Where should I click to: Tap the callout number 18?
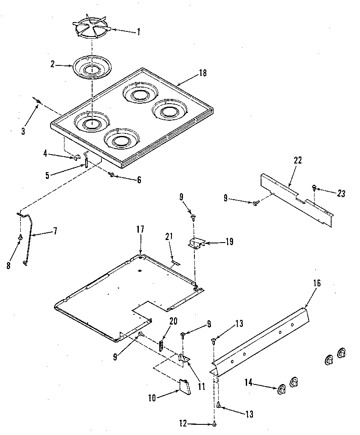(202, 73)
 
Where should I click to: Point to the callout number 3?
(23, 131)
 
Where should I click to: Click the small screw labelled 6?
(112, 174)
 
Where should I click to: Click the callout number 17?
(141, 229)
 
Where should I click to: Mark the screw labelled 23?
(314, 186)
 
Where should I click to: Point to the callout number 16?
(317, 283)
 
